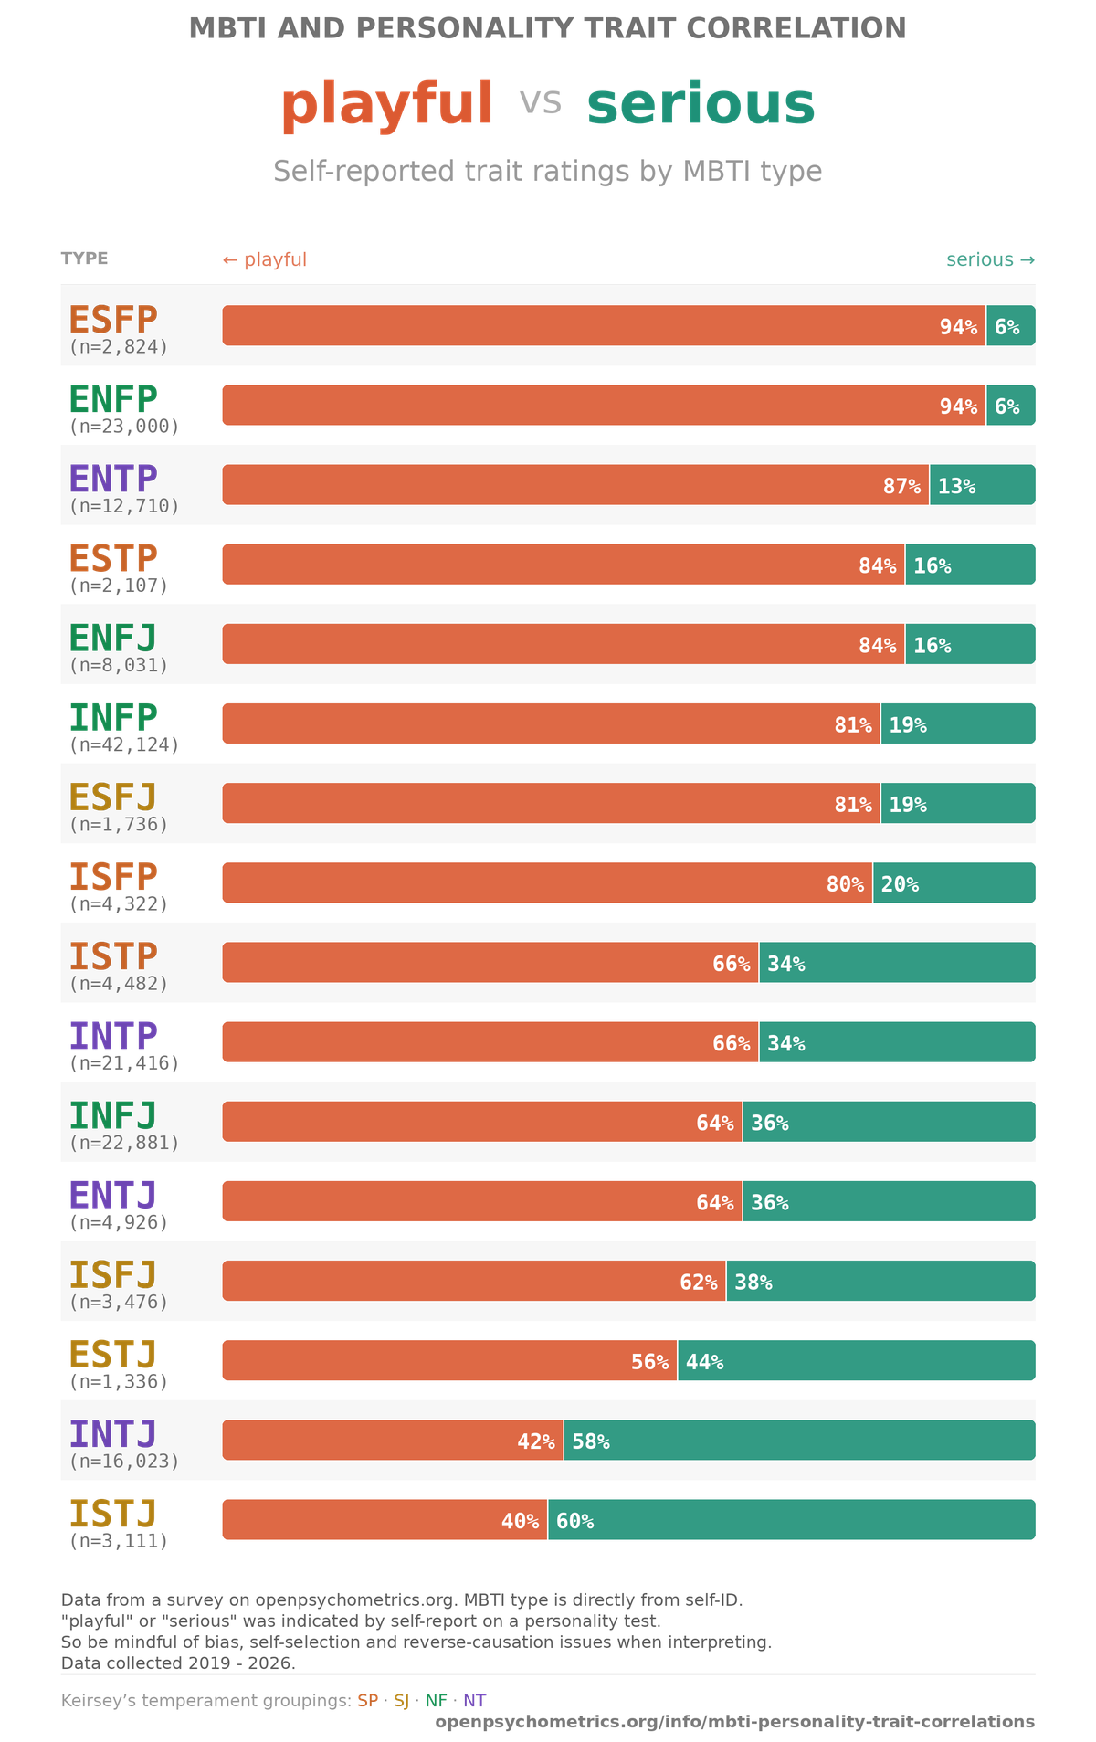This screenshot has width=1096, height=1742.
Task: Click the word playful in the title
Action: pos(386,104)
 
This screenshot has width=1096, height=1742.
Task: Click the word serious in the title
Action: pos(701,104)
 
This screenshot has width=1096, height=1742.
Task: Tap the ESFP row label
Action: pos(113,320)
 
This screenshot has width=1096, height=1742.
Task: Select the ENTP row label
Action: pos(113,479)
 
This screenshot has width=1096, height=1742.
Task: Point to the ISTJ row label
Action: pos(113,1514)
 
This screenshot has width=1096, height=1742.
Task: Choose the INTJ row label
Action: pos(113,1434)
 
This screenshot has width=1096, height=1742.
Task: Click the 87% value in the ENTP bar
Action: pos(901,486)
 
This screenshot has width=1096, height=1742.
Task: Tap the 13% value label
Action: pos(956,486)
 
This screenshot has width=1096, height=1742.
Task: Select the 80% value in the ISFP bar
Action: pos(845,884)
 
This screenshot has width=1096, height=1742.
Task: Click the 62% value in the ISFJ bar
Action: pos(698,1283)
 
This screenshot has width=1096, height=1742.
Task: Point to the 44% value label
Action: pos(704,1362)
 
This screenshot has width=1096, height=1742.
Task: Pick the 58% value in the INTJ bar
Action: pos(590,1441)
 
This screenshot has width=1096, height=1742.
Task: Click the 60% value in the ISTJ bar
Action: pos(574,1521)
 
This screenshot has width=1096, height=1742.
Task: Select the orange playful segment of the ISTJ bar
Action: pos(365,1520)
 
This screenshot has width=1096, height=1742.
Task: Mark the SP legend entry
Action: pos(367,1700)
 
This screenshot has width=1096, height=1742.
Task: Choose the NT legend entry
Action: pos(475,1700)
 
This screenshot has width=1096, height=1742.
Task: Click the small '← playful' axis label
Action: pos(265,260)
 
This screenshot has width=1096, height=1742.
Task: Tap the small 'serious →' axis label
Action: pos(990,260)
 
